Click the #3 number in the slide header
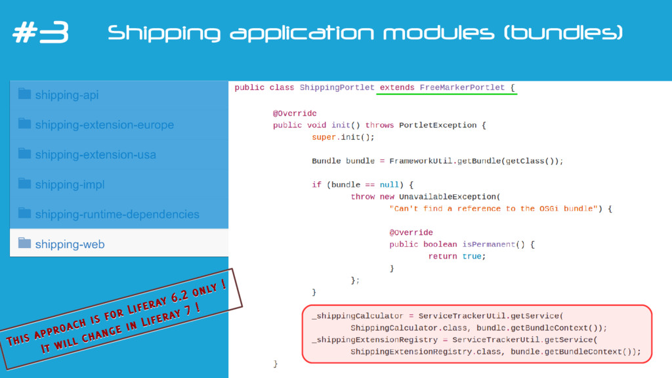click(40, 33)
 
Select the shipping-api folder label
click(67, 95)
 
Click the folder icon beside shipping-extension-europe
click(25, 124)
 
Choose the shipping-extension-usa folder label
click(96, 155)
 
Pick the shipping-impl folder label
click(70, 184)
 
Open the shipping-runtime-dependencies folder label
click(117, 215)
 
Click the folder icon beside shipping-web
click(25, 243)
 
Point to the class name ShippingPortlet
click(337, 87)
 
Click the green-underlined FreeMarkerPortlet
click(462, 87)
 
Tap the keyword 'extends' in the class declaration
click(397, 87)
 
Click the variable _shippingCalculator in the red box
click(358, 316)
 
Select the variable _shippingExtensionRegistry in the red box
click(375, 339)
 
